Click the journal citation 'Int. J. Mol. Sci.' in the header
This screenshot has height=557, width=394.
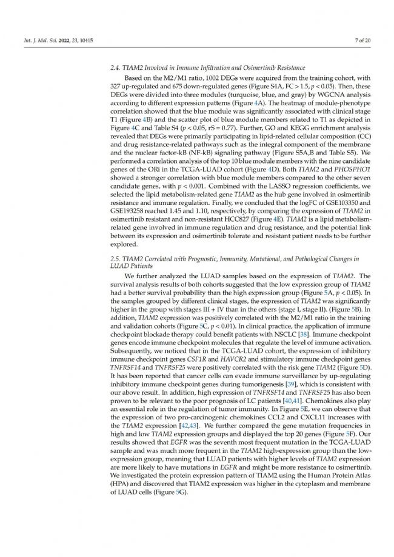pyautogui.click(x=36, y=40)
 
